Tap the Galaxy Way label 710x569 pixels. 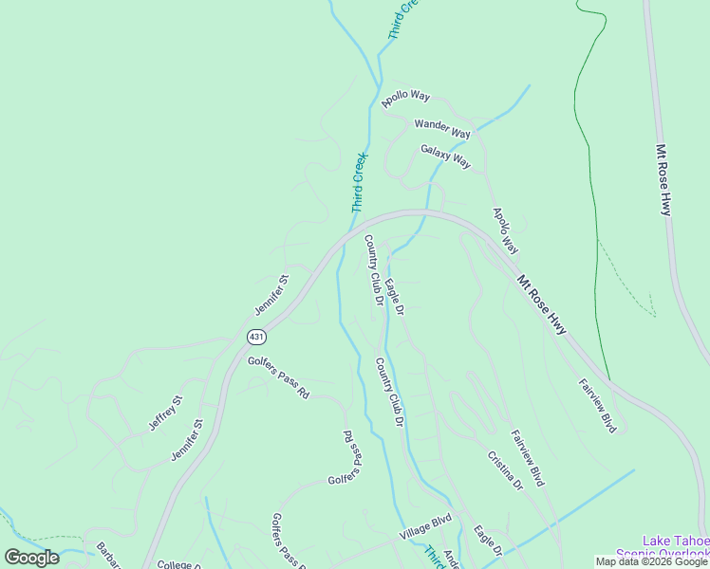point(446,156)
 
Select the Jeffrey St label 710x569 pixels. point(164,413)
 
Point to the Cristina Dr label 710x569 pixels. point(505,469)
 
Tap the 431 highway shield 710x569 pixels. point(256,338)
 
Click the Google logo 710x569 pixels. point(31,557)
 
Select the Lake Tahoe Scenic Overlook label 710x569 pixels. point(663,547)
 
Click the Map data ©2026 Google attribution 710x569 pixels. point(650,561)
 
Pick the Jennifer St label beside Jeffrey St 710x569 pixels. point(187,440)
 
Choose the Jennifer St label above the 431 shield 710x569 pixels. point(271,296)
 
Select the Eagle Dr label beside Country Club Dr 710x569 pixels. point(396,297)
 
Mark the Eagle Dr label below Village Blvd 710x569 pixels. point(488,542)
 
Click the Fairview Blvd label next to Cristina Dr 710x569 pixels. point(528,459)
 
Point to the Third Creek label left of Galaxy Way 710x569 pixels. point(359,181)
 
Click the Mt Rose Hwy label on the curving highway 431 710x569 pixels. point(542,304)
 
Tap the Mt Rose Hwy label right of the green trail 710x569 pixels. point(663,180)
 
